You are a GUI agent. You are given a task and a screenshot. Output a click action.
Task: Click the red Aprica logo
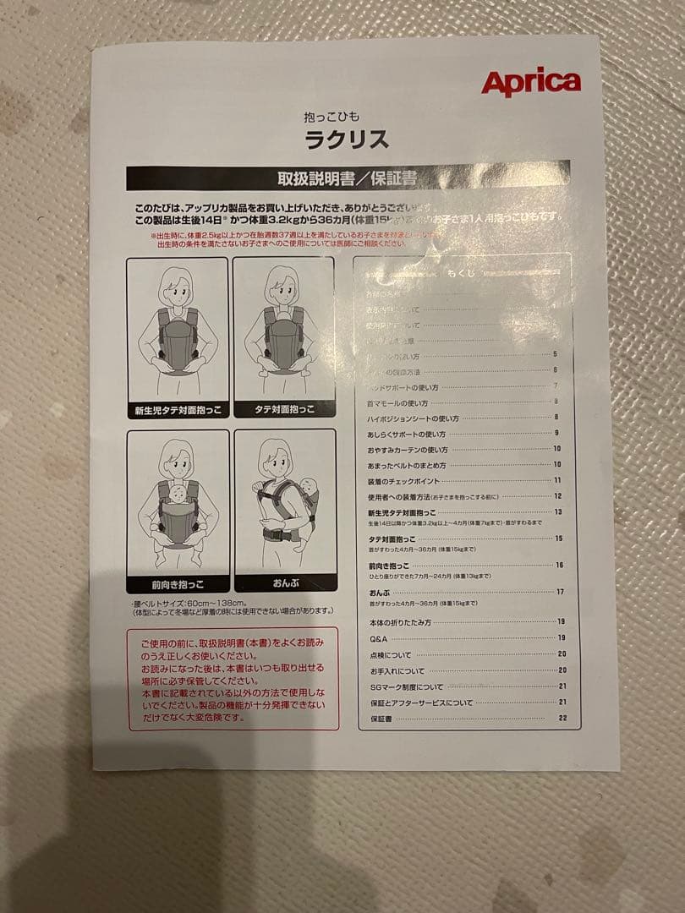[530, 83]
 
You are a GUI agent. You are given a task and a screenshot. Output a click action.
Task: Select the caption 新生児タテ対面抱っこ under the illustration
[177, 410]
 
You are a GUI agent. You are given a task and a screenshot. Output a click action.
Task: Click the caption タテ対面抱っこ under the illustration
[284, 410]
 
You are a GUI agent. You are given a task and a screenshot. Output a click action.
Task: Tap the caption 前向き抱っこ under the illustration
[178, 584]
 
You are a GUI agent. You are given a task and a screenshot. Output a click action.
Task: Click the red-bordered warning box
[233, 679]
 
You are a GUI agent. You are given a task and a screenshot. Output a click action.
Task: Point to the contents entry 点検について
[390, 654]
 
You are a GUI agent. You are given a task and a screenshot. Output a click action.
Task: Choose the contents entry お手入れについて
[397, 670]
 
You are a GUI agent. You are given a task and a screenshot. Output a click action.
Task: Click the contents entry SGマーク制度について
[406, 686]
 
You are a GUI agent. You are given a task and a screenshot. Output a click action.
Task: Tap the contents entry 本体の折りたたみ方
[400, 621]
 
